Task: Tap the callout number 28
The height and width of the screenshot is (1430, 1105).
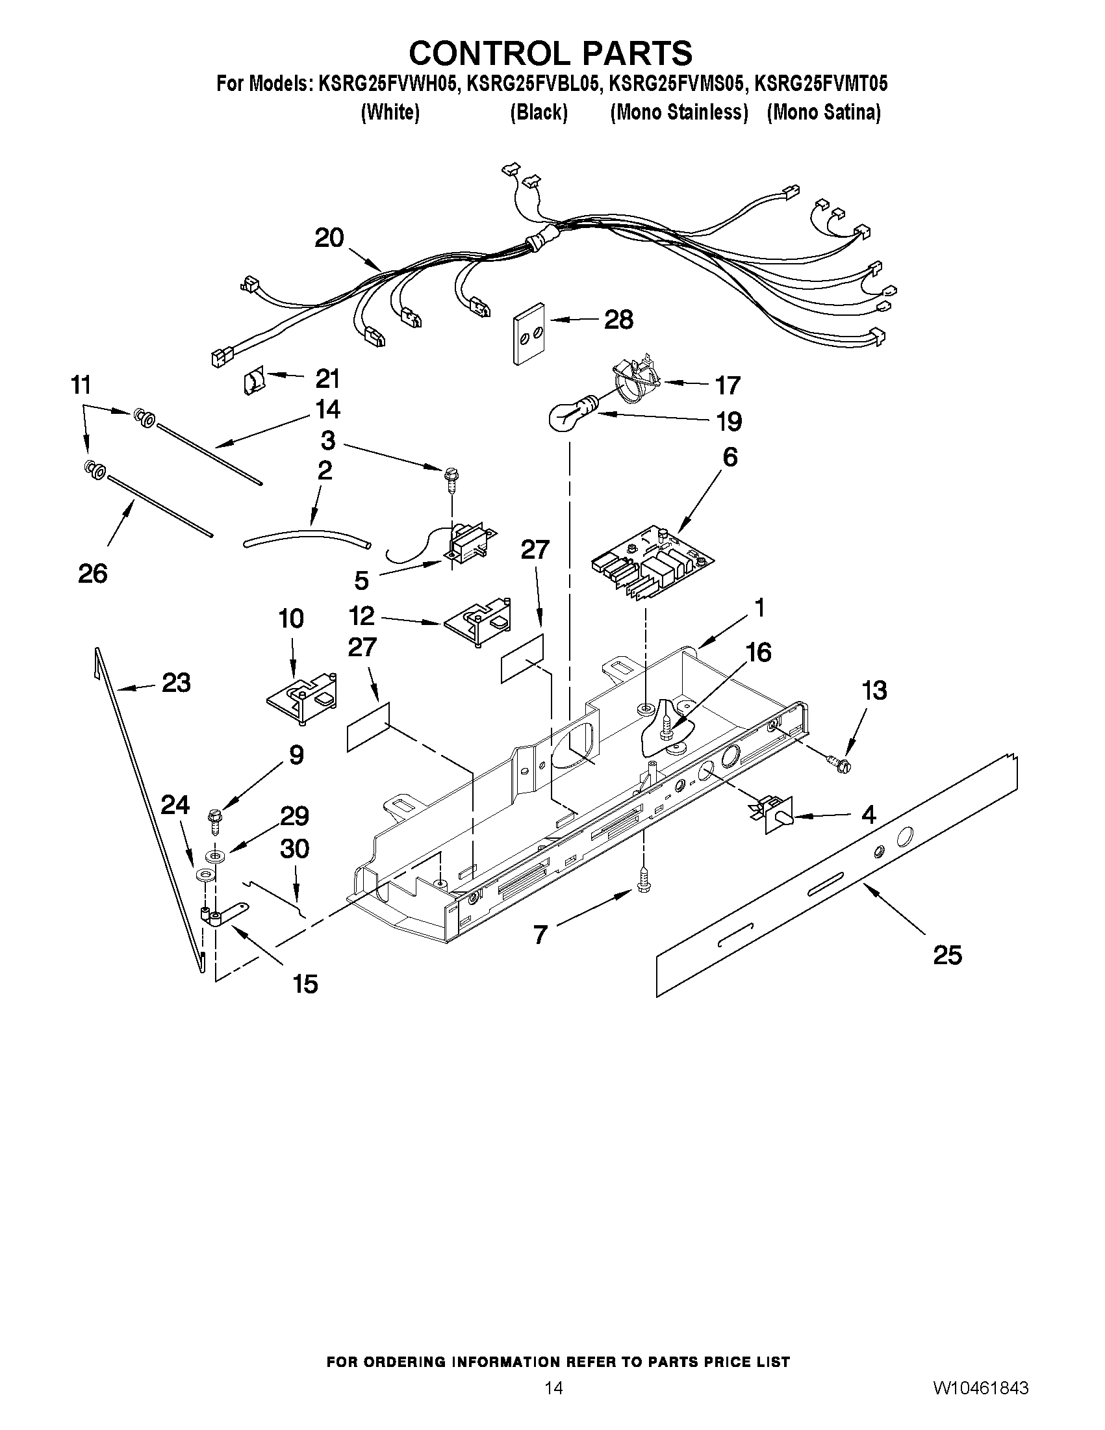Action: click(618, 320)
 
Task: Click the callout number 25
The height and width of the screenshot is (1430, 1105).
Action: click(947, 955)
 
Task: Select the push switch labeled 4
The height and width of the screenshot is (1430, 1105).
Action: click(774, 815)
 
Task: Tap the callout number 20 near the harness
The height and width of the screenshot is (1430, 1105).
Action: click(329, 238)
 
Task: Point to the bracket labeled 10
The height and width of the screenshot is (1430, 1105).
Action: click(303, 698)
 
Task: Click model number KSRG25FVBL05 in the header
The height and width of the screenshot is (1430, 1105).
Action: click(532, 84)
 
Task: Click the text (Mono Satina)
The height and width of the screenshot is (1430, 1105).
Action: click(824, 112)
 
